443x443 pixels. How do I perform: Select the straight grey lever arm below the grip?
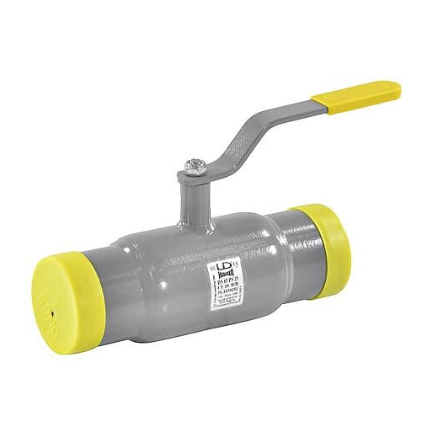point(291,114)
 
